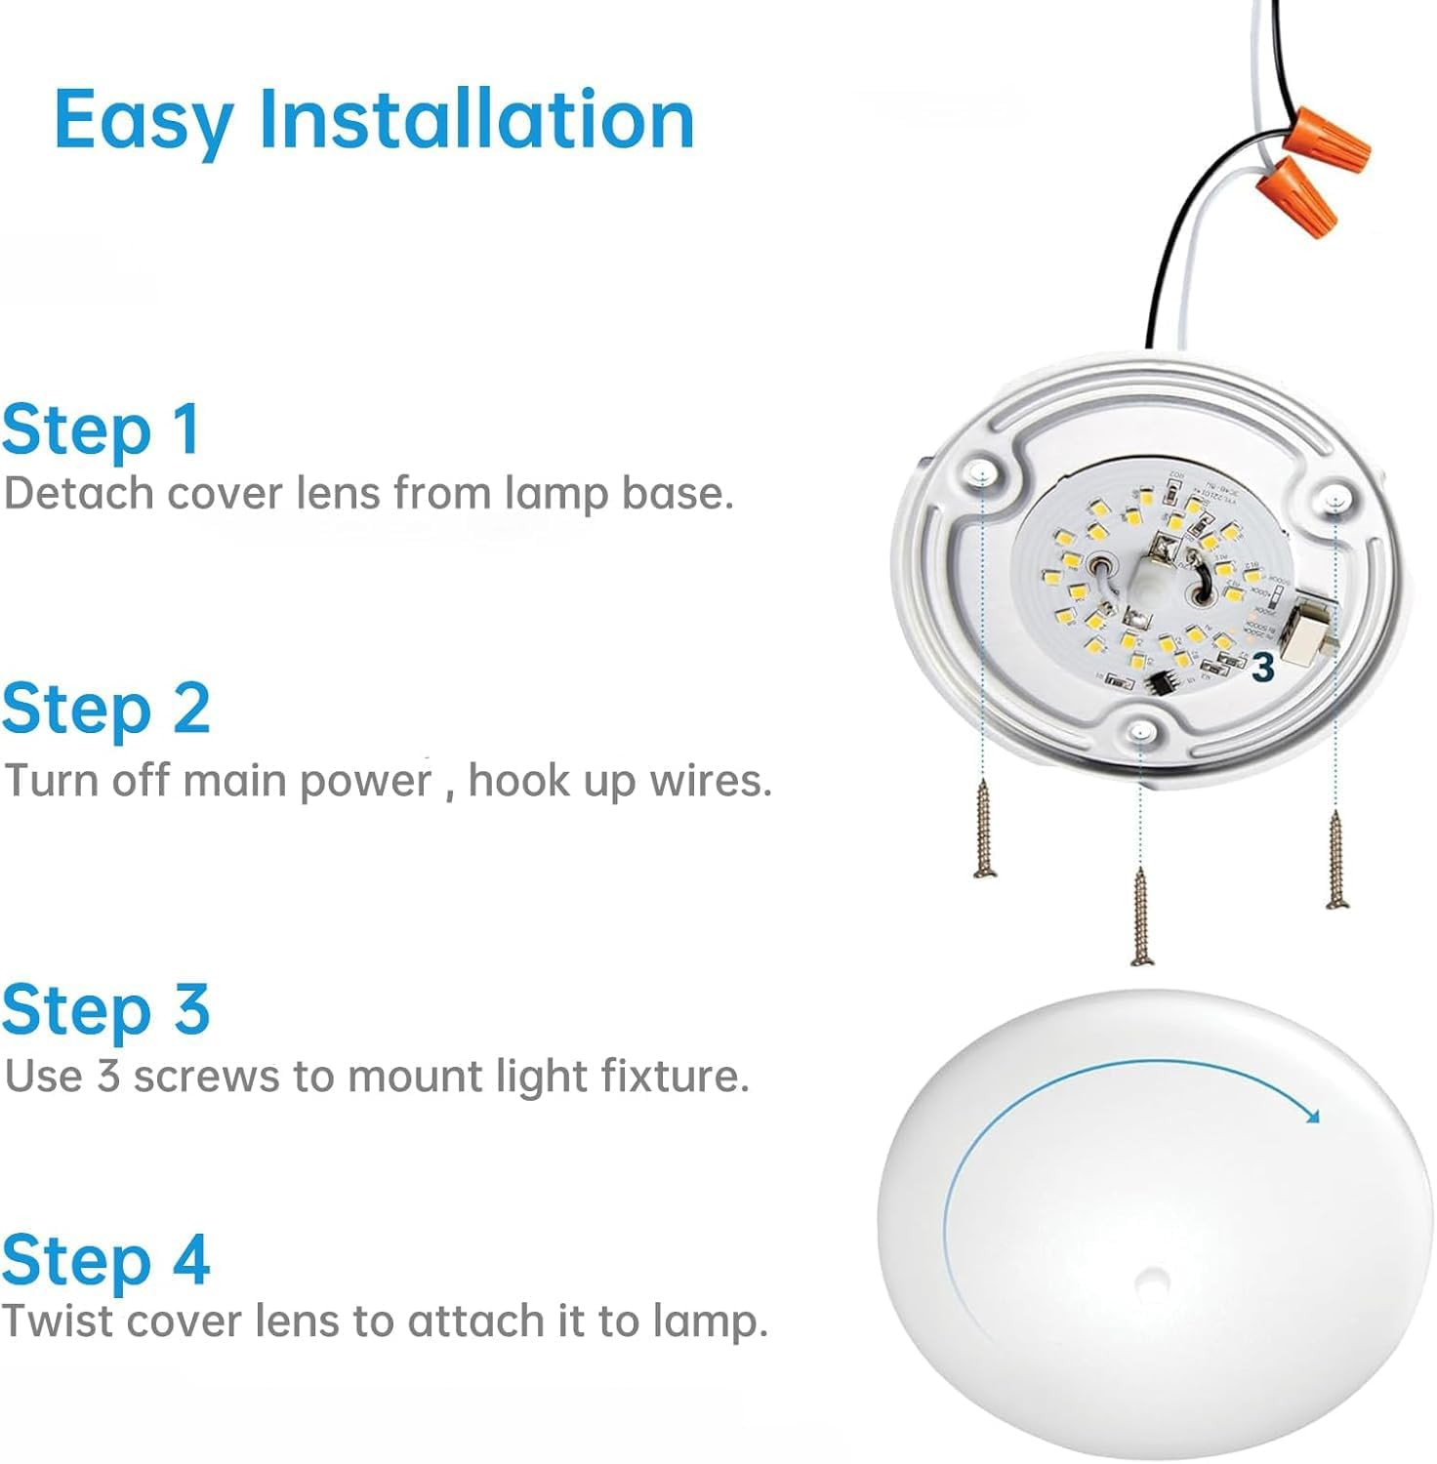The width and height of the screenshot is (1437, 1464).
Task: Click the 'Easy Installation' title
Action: coord(374,119)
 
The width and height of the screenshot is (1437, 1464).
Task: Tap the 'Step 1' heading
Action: coord(102,430)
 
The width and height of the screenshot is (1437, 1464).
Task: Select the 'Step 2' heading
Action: coord(105,709)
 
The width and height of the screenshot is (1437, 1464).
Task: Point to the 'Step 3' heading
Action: coord(105,1009)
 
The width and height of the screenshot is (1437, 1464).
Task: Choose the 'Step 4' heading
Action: coord(105,1259)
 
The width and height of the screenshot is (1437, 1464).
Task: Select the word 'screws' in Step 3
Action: coord(207,1076)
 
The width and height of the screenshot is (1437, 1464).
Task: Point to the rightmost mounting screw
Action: coord(1335,860)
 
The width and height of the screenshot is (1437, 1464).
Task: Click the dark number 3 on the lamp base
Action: coord(1263,668)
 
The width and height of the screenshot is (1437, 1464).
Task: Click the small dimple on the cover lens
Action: coord(1154,1279)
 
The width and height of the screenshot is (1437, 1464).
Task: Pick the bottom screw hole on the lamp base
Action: coord(1138,731)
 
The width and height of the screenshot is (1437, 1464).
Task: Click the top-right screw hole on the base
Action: coord(1334,500)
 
